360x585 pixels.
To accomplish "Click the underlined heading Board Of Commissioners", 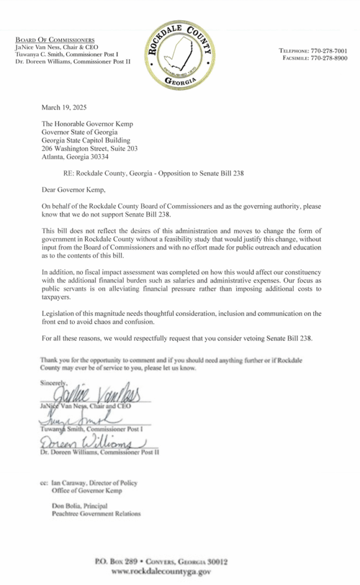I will [55, 40].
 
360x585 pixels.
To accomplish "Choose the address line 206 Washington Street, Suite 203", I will [90, 148].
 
